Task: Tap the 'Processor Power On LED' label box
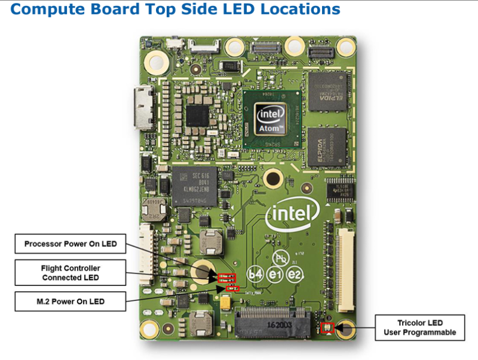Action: (x=71, y=244)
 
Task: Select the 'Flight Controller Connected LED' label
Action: (x=71, y=273)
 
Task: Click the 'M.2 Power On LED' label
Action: (x=71, y=301)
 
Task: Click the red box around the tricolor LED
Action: (x=326, y=328)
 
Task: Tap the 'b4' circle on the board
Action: (x=255, y=274)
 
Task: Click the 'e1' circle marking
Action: (x=275, y=274)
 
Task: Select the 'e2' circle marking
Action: (x=294, y=274)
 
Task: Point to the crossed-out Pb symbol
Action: (x=280, y=258)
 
